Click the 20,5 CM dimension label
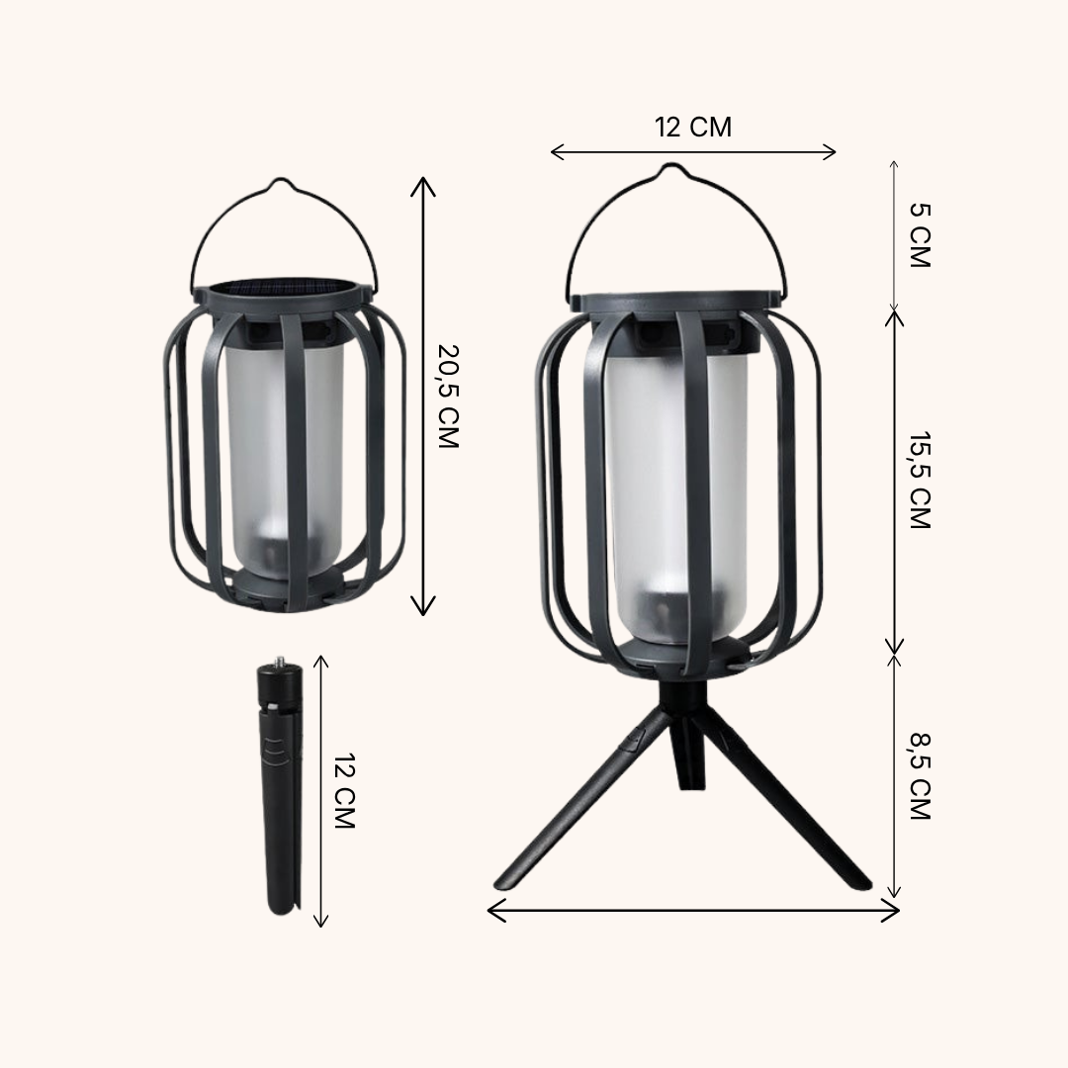tap(447, 396)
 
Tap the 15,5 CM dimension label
tap(920, 481)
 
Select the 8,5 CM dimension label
tap(920, 776)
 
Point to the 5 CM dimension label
tap(920, 235)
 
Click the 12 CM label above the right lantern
tap(693, 127)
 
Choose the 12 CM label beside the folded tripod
tap(344, 790)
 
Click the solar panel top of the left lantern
tap(282, 287)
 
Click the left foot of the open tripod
tap(508, 883)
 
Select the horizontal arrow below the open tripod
tap(693, 911)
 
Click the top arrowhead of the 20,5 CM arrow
tap(423, 183)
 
